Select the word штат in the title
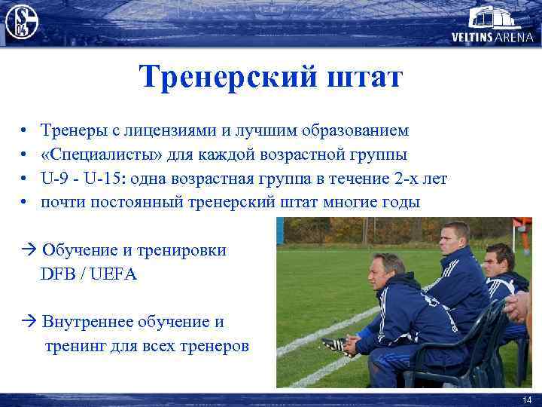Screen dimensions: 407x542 pos(364,78)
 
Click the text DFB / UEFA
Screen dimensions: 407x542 pos(89,274)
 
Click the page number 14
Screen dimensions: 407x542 pos(525,399)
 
